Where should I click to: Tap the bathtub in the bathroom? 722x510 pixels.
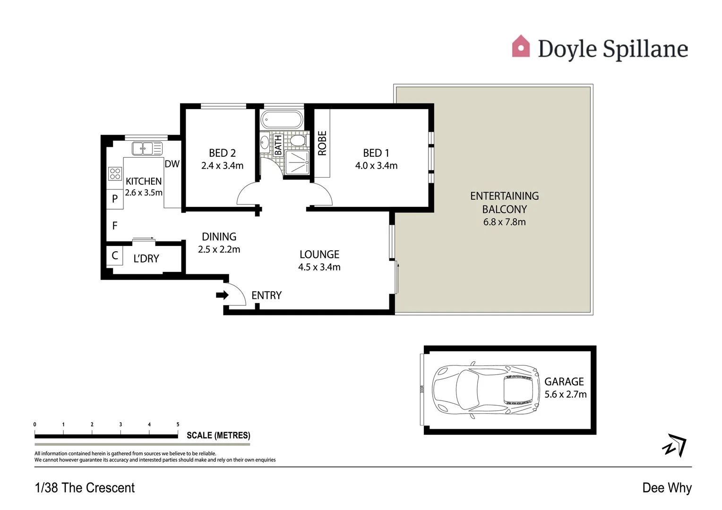pyautogui.click(x=282, y=120)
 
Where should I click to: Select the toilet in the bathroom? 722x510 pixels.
pyautogui.click(x=297, y=141)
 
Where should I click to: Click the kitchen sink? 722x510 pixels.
pyautogui.click(x=146, y=148)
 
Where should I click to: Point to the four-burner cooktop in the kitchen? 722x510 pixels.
pyautogui.click(x=115, y=174)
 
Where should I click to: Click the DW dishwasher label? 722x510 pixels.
pyautogui.click(x=172, y=164)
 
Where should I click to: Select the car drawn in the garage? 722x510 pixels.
pyautogui.click(x=486, y=390)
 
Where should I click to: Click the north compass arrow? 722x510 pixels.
pyautogui.click(x=675, y=445)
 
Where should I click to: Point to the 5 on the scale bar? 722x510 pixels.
pyautogui.click(x=178, y=425)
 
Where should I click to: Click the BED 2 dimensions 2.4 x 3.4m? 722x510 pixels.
pyautogui.click(x=222, y=166)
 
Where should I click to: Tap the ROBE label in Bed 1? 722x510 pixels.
pyautogui.click(x=322, y=143)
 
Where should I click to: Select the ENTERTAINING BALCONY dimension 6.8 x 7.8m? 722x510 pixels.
pyautogui.click(x=504, y=222)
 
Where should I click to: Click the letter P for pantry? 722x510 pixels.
pyautogui.click(x=115, y=199)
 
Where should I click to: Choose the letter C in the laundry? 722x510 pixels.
pyautogui.click(x=115, y=255)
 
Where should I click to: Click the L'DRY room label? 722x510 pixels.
pyautogui.click(x=146, y=259)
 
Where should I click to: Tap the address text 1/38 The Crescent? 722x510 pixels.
pyautogui.click(x=85, y=488)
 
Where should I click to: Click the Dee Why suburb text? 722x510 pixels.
pyautogui.click(x=667, y=488)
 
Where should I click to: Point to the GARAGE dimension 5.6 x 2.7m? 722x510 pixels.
pyautogui.click(x=565, y=394)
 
